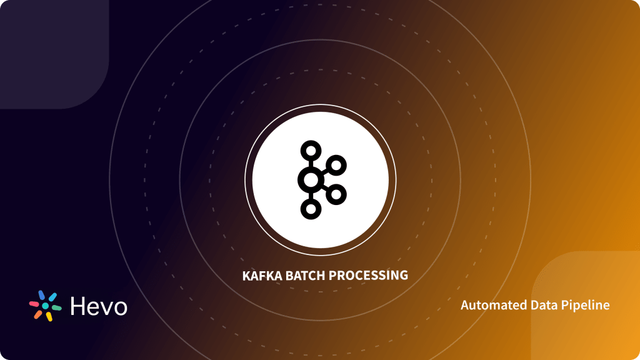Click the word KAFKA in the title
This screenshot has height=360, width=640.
[x=259, y=275]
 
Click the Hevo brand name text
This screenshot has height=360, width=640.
[x=99, y=306]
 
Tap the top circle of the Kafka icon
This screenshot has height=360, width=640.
[x=310, y=151]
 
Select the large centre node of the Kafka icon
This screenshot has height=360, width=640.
[x=310, y=180]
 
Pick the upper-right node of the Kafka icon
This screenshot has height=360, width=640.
[x=336, y=165]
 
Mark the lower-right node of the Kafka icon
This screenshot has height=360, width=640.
[x=336, y=194]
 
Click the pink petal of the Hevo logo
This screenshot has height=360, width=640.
[x=34, y=304]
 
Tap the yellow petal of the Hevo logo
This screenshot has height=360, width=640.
[x=49, y=316]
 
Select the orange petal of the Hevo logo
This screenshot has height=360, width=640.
[x=38, y=314]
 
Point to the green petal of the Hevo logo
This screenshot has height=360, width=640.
[x=57, y=308]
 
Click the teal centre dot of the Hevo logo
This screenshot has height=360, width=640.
[x=45, y=306]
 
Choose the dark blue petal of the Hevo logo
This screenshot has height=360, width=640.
[x=41, y=295]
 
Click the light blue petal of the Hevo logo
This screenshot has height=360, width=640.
[x=52, y=297]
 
